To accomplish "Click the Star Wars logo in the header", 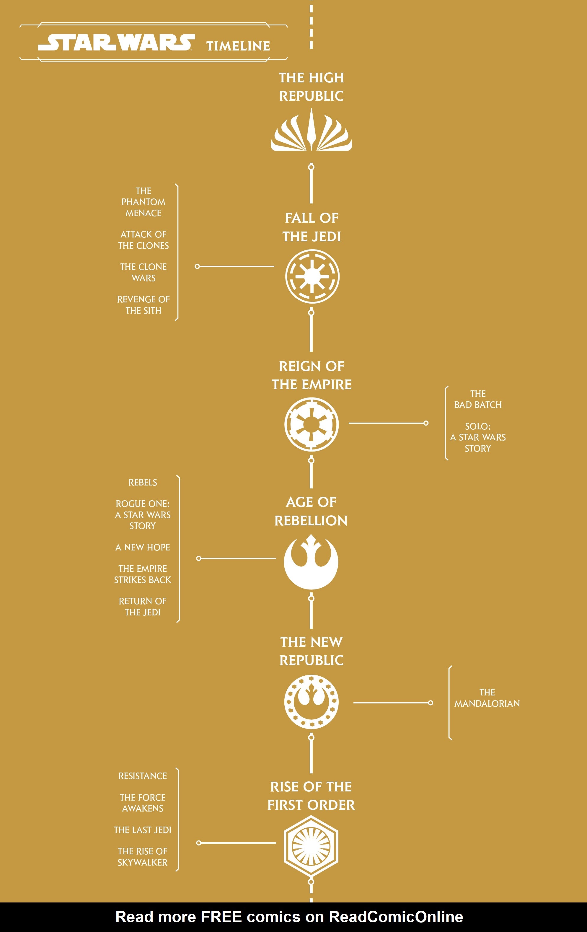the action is click(116, 42).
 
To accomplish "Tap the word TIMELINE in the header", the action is click(238, 46).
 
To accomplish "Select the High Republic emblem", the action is click(312, 130).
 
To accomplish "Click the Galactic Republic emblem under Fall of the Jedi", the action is click(312, 276).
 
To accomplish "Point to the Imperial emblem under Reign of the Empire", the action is click(312, 424).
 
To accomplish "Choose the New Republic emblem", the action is click(312, 702).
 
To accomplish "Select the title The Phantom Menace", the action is click(144, 202).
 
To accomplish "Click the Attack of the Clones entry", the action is click(144, 240).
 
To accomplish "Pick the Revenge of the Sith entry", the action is click(144, 305).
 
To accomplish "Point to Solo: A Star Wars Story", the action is click(478, 437).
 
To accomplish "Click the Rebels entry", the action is click(143, 483).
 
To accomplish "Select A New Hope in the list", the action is click(143, 547).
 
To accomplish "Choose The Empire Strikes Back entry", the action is click(143, 574).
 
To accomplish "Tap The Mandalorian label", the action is click(487, 698).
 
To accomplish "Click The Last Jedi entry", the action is click(143, 830).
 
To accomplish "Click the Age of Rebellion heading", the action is click(311, 511).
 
